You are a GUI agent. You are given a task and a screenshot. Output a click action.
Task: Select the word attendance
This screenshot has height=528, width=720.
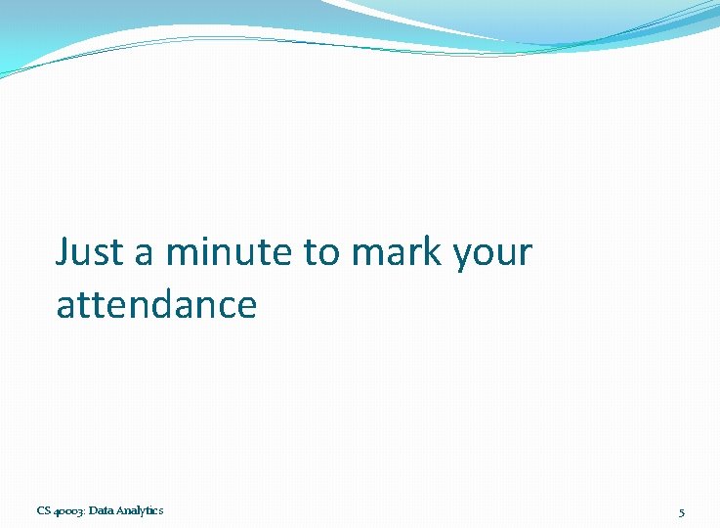156,305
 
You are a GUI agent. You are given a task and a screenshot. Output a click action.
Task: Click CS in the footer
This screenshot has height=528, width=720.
44,510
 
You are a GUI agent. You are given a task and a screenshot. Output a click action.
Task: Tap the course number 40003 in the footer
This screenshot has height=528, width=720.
68,510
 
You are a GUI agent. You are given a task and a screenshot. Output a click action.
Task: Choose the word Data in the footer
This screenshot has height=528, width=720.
101,510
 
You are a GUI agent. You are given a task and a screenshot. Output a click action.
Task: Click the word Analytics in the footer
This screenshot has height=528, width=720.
141,510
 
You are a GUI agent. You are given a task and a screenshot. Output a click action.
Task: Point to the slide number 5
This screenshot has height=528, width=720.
682,511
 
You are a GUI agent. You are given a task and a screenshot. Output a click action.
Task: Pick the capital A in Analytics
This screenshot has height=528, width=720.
122,510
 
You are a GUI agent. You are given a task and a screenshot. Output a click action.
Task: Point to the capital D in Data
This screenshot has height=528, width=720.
92,510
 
